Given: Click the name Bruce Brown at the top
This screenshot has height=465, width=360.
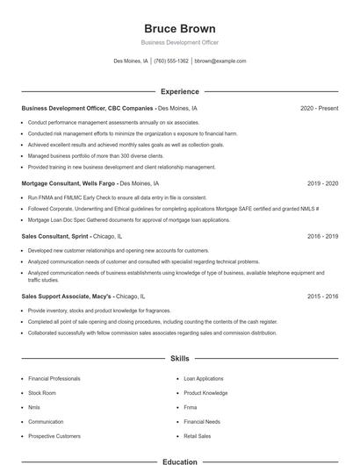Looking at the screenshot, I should click(180, 28).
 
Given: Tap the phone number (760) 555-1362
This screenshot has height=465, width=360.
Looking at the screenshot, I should click(171, 61).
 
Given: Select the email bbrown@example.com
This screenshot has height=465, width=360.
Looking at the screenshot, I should click(220, 61).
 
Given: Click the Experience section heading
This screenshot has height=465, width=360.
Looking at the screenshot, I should click(180, 91).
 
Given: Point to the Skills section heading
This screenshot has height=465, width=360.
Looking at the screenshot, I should click(180, 359).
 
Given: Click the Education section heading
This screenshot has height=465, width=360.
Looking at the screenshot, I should click(180, 461).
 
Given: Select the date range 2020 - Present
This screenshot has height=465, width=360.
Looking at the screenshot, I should click(319, 108).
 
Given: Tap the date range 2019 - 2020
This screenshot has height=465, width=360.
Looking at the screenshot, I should click(322, 184).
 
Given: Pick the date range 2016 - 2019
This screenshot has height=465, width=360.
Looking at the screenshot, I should click(322, 236).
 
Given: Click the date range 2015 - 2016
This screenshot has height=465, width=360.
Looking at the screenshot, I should click(322, 297).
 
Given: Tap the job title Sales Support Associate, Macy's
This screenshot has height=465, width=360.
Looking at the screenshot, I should click(67, 297).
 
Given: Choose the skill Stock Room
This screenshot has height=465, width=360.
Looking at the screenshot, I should click(42, 393).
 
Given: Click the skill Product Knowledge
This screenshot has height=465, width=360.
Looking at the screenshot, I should click(205, 393).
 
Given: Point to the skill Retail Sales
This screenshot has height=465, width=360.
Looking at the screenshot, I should click(198, 435).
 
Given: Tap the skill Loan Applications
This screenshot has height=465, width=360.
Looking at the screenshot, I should click(204, 378).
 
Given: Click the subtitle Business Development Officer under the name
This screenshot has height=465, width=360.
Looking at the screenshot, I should click(180, 43).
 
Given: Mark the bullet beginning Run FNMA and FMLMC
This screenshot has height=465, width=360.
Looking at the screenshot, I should click(118, 197).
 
